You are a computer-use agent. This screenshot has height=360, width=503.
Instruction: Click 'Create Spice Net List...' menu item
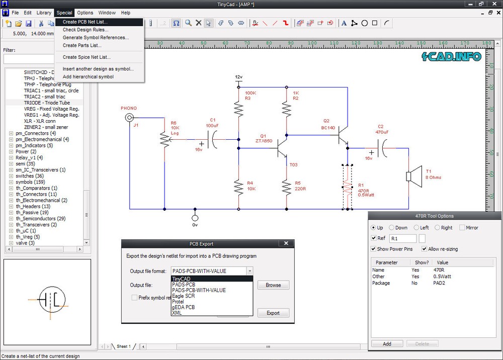coord(87,57)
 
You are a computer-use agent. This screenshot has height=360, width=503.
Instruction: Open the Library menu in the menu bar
coord(44,13)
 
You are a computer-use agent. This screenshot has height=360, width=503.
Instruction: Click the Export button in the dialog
coord(273,313)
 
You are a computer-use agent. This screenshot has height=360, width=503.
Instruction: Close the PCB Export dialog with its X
coord(286,243)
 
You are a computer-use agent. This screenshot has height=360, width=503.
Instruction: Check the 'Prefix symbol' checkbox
coord(134,298)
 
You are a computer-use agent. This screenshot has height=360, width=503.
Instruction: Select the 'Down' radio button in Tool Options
coord(391,228)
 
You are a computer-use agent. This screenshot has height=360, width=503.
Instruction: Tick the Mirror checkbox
coord(462,228)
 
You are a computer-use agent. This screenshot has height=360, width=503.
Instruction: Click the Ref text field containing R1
coord(403,239)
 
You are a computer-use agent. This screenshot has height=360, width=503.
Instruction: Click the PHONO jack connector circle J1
coord(129,118)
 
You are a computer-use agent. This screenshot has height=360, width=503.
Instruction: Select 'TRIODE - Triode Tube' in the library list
coord(47,103)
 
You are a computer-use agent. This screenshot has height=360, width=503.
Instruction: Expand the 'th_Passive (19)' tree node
coord(11,213)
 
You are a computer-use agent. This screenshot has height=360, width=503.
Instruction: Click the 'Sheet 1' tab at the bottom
coord(123,346)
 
